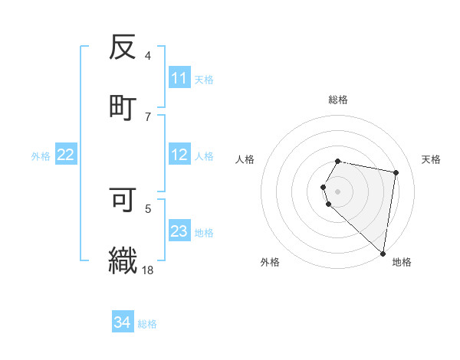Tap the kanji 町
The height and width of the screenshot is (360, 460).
123,106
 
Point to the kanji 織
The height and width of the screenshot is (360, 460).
123,260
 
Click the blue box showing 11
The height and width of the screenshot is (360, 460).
179,78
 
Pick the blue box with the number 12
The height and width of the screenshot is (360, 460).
179,155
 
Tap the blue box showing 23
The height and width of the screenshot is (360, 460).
179,231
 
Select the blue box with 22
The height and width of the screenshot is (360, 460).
66,155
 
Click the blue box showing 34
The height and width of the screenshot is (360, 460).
123,323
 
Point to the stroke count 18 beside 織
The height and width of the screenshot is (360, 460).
148,270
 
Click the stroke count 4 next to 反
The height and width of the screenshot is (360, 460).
148,56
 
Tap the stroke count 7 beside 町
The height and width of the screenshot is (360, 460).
148,116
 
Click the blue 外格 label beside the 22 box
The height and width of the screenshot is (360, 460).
41,156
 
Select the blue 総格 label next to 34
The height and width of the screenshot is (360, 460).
147,324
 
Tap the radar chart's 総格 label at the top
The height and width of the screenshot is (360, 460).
338,100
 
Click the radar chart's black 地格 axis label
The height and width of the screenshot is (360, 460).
402,262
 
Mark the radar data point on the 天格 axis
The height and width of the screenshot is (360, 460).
396,172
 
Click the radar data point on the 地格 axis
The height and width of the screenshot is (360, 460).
383,254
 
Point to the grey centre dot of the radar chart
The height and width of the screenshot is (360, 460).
338,191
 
